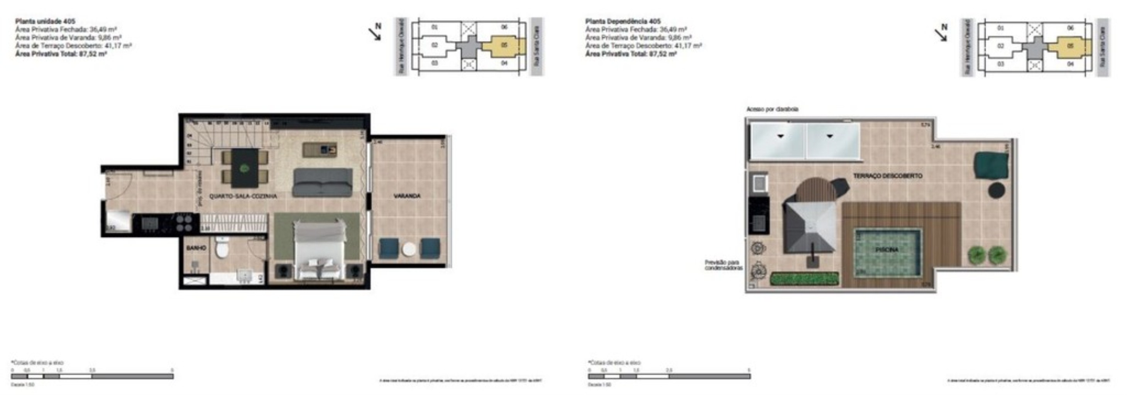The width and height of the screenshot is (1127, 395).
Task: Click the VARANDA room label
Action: coord(406,196)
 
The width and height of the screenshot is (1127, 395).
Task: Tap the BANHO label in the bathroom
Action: coord(196,248)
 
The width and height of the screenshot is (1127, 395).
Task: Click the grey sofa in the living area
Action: coord(322,182)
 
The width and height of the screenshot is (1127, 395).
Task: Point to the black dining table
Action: coord(245,167)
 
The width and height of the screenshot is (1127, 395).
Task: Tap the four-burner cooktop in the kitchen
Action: coord(184,222)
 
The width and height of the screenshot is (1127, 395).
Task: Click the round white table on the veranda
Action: coord(409,249)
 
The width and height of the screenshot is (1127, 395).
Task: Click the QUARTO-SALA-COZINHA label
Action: coord(243,196)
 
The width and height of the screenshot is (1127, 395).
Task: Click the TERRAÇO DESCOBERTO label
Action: coord(888,176)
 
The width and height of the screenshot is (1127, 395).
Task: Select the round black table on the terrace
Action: coord(997,191)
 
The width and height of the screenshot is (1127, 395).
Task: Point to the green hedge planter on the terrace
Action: coord(804,279)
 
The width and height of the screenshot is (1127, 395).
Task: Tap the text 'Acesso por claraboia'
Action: coord(772,109)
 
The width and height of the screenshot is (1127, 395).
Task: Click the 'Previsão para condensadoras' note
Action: coord(723,265)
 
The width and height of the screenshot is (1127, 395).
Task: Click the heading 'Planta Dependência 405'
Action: coord(623,21)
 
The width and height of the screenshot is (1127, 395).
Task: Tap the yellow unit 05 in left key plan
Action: coord(504,46)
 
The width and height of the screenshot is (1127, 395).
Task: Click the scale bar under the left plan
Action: coord(92,376)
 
